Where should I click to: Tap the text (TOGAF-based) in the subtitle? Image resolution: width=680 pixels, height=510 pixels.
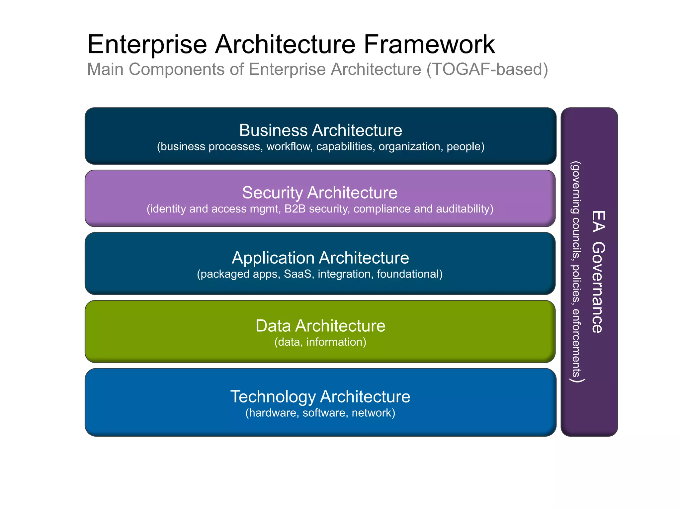487,69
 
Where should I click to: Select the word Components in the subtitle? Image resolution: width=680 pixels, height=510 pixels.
186,69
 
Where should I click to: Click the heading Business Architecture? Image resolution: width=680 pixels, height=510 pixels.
320,130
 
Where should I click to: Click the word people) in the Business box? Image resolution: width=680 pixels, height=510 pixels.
466,146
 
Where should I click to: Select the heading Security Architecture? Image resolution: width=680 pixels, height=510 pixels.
319,193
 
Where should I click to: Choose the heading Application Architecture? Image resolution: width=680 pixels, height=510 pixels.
320,258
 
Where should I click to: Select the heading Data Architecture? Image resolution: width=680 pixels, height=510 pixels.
320,326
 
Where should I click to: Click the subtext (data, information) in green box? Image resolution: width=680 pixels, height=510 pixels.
320,342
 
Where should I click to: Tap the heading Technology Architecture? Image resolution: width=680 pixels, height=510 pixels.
320,396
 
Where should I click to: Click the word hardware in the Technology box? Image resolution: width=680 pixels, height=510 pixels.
272,413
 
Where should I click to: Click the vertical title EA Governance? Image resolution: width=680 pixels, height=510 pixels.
598,272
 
